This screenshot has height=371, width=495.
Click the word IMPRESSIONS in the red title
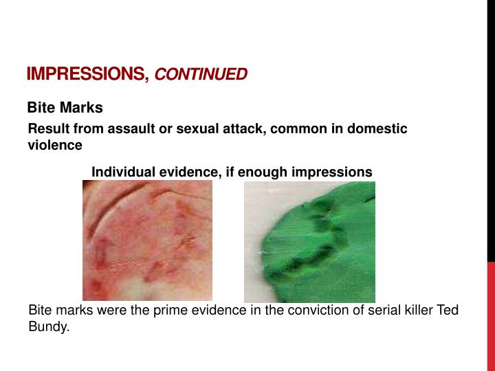pyautogui.click(x=87, y=74)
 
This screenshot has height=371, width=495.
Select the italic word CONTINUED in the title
pyautogui.click(x=201, y=74)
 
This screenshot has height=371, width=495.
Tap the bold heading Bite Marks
pyautogui.click(x=65, y=108)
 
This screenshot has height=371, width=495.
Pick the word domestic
pyautogui.click(x=379, y=129)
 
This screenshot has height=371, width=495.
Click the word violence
pyautogui.click(x=55, y=146)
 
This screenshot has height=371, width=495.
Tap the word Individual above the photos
pyautogui.click(x=122, y=172)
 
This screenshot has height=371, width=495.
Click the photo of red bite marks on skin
pyautogui.click(x=147, y=240)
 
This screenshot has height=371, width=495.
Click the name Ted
pyautogui.click(x=447, y=311)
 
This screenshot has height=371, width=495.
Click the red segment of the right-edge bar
pyautogui.click(x=491, y=316)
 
